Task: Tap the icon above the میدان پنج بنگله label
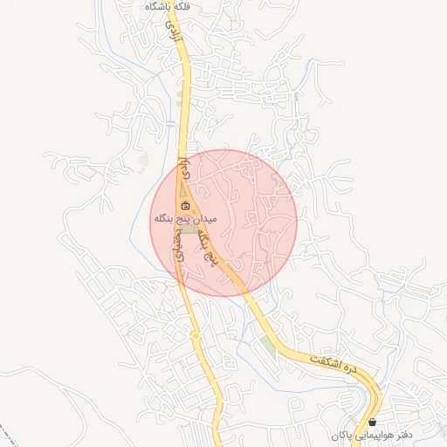pyautogui.click(x=185, y=206)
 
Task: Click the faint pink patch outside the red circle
pyautogui.click(x=143, y=162)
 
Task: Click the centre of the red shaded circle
pyautogui.click(x=224, y=223)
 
